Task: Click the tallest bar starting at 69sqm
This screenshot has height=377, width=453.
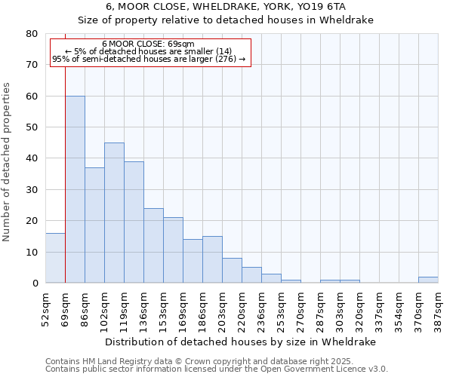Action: coord(75,189)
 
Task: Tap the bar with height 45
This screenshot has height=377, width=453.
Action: coord(114,213)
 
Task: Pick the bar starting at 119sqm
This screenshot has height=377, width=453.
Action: coord(134,222)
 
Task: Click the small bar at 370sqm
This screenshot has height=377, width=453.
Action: coord(428,280)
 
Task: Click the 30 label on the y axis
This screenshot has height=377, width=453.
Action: coord(32,190)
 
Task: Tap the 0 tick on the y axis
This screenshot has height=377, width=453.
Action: coord(35,284)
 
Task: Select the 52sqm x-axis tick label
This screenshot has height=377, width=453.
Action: coord(46,308)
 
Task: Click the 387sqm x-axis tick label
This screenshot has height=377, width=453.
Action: coord(438,308)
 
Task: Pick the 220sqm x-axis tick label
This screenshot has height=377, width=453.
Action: coord(242,308)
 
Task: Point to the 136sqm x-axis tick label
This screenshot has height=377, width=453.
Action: coord(143,308)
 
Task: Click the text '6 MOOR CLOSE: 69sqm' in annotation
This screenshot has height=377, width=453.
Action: coord(148,44)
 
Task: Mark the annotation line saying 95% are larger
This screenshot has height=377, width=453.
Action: coord(149,59)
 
